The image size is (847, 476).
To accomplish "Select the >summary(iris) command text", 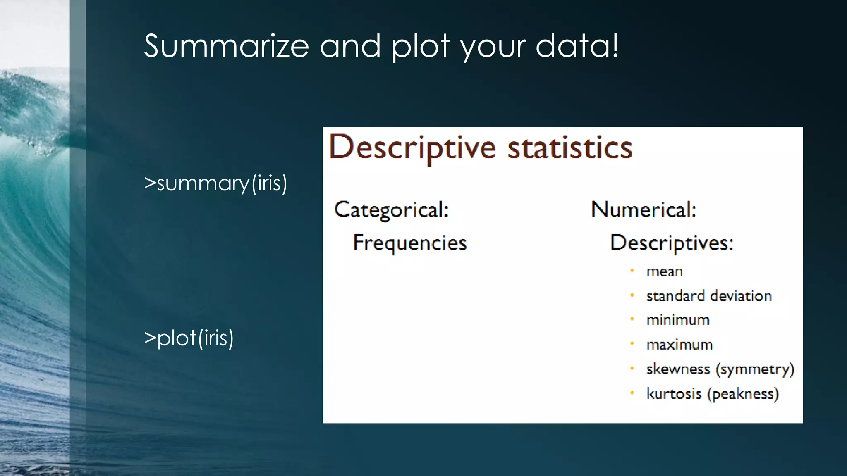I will coord(215,183).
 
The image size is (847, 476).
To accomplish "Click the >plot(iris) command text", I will coord(189,338).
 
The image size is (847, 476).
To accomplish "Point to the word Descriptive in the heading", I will coord(412,148).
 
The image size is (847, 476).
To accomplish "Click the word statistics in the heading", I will coord(570,148).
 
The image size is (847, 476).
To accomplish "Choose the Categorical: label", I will coord(391,209).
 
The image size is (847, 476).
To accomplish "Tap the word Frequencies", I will coord(409,243).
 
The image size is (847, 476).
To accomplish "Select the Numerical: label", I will coord(644,209).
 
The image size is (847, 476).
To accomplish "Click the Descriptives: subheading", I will coord(671,243).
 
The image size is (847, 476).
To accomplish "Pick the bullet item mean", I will coord(664,271).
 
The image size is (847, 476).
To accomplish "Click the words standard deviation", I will coord(709,296).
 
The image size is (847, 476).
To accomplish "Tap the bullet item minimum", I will coord(678,320).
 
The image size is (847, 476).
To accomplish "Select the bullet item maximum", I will coord(680,344).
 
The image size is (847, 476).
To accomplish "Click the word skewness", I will coord(678,369).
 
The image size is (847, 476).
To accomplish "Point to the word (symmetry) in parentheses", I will coord(755,369).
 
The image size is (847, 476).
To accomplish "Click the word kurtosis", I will coord(674,393).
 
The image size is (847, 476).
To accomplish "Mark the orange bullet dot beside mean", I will coord(632,271).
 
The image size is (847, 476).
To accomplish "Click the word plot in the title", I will coord(420,46).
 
